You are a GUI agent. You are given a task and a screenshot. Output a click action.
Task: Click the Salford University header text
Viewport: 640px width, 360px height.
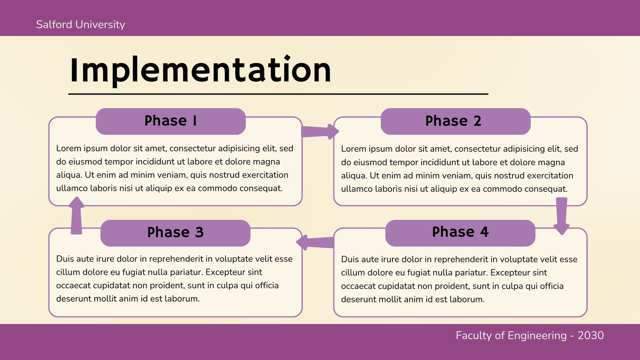80,24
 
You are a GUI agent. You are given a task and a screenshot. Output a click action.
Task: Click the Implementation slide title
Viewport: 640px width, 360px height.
200,70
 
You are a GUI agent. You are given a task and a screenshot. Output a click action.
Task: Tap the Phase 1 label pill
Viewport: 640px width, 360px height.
170,122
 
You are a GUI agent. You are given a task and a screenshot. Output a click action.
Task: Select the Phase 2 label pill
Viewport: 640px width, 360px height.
456,122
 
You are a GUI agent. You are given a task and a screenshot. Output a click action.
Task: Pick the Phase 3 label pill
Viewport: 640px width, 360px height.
176,233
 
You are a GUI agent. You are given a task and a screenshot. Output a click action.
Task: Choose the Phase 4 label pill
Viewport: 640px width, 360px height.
460,233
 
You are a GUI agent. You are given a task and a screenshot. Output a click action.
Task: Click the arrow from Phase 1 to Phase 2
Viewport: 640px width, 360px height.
320,132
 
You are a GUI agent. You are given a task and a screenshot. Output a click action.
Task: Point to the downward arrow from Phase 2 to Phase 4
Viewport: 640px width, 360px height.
562,216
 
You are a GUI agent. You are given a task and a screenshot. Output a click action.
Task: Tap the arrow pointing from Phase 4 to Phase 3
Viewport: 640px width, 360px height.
315,242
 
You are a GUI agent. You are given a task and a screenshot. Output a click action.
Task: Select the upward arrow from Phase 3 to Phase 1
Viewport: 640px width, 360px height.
76,216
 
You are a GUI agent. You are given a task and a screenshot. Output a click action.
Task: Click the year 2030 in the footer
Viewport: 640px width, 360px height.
590,336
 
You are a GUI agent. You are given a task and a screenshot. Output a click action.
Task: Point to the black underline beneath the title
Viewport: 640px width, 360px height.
278,94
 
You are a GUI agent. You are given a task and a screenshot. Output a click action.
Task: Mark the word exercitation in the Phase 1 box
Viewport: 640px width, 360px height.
266,175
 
